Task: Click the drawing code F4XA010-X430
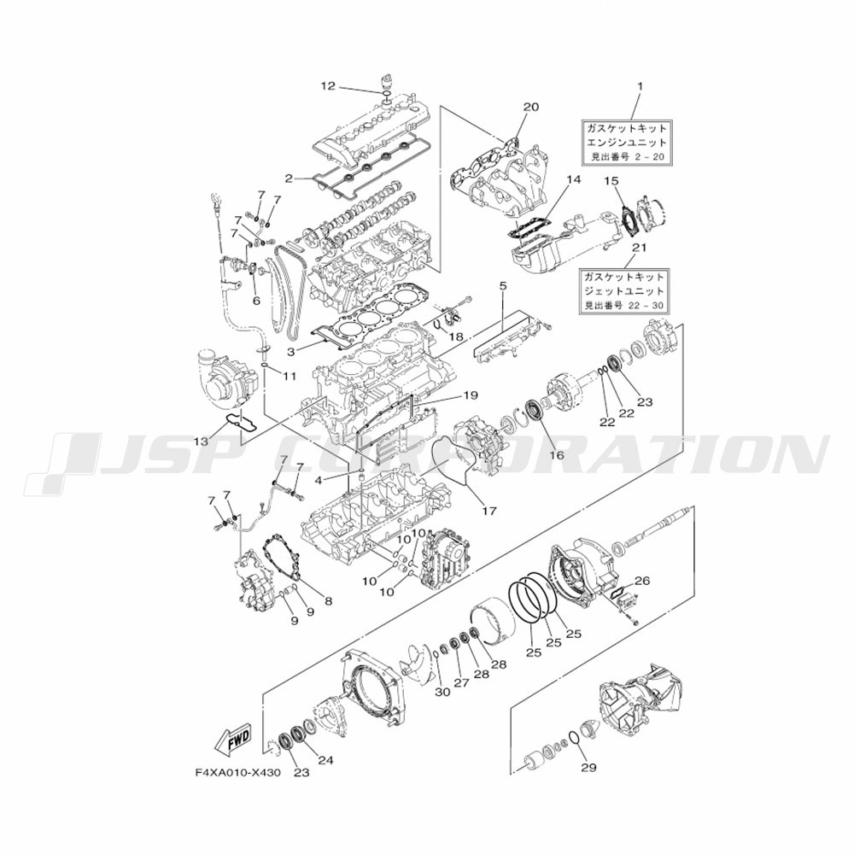238,773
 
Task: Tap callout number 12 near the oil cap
329,86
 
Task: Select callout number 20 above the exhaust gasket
530,107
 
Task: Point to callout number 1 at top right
640,86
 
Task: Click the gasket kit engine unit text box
626,143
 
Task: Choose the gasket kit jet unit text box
624,291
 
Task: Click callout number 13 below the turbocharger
201,440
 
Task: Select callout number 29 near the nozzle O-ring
588,767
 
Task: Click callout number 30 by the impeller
442,692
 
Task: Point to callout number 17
489,511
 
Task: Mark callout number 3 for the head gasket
291,353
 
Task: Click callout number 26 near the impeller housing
642,581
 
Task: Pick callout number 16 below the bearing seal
557,455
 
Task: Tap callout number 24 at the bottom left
325,760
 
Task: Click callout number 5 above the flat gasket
503,285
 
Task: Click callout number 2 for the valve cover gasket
289,178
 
